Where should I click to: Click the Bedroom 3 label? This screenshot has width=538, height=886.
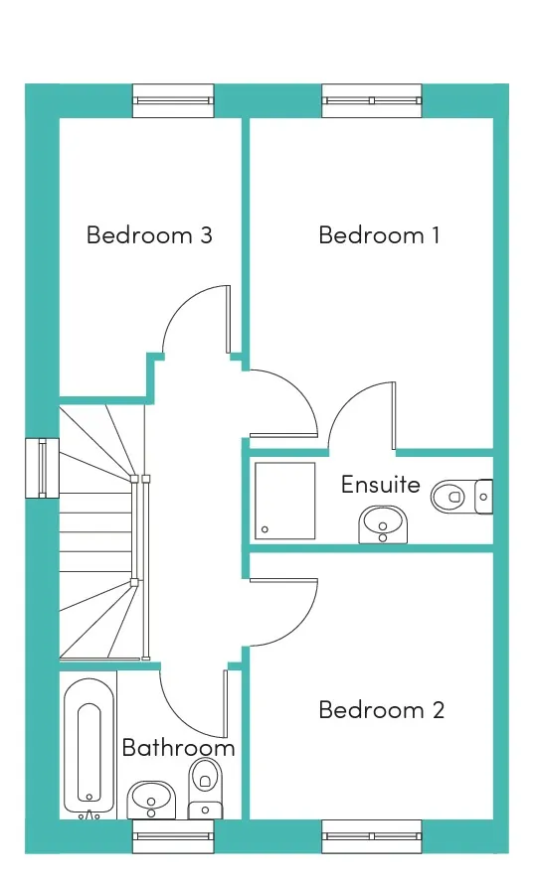149,234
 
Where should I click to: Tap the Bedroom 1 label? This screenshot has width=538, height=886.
379,234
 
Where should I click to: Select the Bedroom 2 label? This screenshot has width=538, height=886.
382,709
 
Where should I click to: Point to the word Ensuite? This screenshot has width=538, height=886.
381,485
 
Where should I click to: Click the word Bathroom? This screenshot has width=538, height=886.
178,748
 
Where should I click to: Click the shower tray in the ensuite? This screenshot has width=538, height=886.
284,501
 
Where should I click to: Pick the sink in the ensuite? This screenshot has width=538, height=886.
383,524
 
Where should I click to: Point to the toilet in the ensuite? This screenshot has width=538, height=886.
461,497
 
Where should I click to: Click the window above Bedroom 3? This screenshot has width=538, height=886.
173,101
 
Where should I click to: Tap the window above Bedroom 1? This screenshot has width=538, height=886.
372,101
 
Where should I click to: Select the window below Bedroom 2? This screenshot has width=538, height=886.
372,837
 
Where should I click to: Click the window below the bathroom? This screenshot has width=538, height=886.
173,837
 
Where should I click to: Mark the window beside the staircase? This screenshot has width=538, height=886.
42,469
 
